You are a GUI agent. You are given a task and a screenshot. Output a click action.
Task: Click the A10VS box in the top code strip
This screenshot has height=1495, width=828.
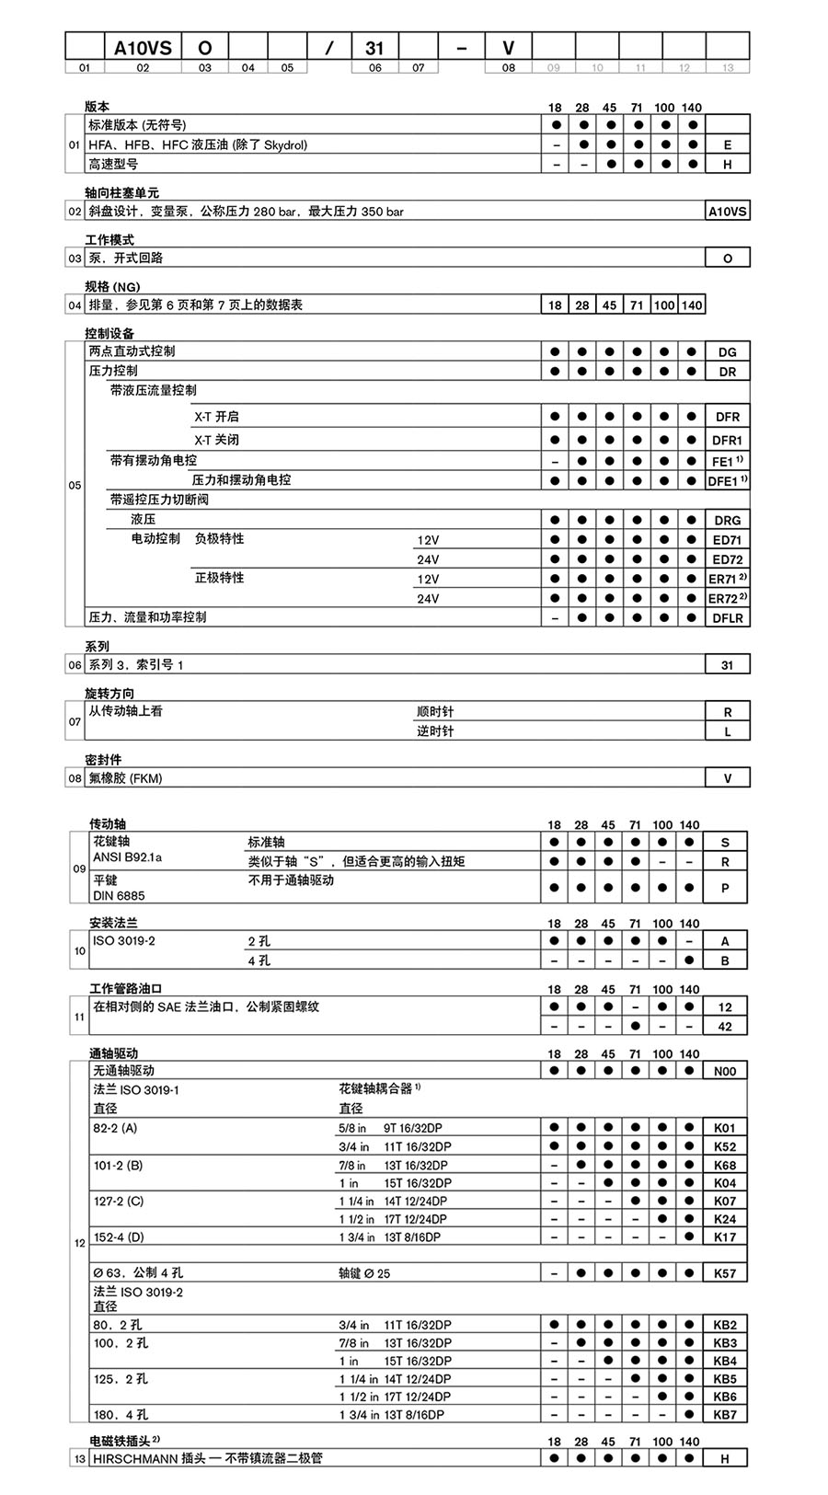coord(143,47)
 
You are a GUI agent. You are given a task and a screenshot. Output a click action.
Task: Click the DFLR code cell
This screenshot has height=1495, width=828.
coord(727,618)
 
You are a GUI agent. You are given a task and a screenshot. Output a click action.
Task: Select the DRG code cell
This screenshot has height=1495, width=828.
coord(727,521)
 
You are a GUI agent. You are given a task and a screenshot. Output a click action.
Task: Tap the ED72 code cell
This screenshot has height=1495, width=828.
coord(727,559)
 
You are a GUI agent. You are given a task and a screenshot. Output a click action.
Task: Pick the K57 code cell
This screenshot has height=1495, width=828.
coord(725,1274)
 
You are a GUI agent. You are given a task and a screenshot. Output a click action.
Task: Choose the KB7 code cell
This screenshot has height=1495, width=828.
coord(725,1414)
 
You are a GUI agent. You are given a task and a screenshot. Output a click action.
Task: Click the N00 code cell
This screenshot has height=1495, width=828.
coord(725,1071)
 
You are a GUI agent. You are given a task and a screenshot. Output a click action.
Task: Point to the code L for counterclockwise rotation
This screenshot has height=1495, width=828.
coord(727,732)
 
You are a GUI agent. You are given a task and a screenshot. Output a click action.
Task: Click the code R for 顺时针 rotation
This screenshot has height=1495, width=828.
coord(727,712)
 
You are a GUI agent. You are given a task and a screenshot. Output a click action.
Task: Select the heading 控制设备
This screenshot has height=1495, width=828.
coord(109,333)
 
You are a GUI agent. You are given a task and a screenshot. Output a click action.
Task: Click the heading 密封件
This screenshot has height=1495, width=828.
coord(103,760)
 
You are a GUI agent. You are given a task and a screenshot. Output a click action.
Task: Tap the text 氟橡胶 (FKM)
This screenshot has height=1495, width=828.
coord(125,778)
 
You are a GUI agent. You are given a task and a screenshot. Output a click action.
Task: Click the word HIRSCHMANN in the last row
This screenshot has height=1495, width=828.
coord(129,1458)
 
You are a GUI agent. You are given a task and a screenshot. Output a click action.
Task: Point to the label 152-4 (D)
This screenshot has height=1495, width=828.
coord(119,1237)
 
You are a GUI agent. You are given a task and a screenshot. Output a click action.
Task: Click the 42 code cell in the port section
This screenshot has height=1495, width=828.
coord(725,1027)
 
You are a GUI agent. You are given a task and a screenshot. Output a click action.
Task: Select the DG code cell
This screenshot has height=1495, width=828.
coord(727,352)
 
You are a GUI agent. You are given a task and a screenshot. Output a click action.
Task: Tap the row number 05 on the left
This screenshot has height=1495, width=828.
coord(75,485)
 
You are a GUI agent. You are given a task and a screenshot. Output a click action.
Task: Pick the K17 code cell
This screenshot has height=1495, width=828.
coord(725,1237)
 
